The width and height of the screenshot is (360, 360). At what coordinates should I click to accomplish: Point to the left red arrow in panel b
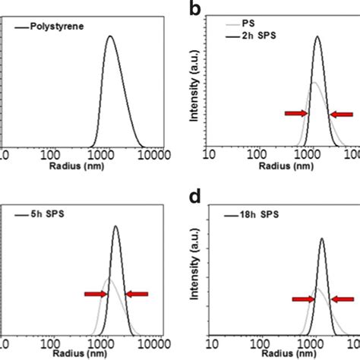coord(296,113)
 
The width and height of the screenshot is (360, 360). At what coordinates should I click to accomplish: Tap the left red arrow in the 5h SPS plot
coord(96,294)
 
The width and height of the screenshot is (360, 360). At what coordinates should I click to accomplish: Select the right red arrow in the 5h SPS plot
coord(137,294)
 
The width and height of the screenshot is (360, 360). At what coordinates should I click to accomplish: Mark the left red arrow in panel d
coord(304,299)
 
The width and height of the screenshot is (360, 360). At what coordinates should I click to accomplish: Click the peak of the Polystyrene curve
coord(110,36)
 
